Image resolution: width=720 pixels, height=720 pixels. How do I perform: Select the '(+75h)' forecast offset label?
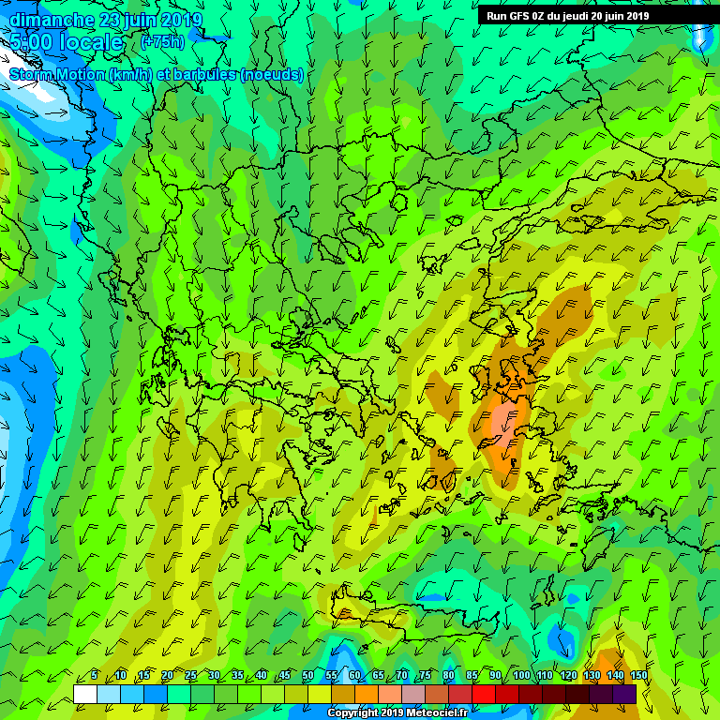point(163,42)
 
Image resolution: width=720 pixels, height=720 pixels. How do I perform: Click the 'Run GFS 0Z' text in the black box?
point(516,16)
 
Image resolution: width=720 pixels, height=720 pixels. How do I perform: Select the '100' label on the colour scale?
point(522,675)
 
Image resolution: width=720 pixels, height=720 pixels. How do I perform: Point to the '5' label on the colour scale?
point(95,675)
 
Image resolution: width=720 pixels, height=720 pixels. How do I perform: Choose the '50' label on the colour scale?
point(308,675)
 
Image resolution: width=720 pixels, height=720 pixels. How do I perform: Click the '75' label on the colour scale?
point(425,675)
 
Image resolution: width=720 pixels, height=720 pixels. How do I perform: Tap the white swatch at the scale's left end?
point(84,694)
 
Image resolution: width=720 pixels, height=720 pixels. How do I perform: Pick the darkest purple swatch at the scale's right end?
point(624,694)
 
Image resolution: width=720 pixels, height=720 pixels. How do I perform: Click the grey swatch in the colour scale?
point(413,694)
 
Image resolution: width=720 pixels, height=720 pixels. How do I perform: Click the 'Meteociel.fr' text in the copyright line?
point(435,712)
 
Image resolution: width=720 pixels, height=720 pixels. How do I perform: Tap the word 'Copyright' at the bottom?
point(352,712)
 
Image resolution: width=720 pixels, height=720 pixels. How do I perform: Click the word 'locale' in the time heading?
point(90,42)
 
